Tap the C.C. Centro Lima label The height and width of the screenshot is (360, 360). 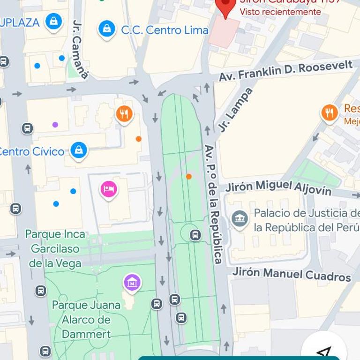coord(165,30)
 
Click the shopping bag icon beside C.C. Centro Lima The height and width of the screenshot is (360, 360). coord(106,29)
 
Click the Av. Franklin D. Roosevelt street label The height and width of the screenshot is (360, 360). coord(285,71)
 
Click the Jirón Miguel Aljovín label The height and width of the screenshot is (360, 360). coord(278,187)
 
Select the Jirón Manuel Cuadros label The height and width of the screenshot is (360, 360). coord(292,274)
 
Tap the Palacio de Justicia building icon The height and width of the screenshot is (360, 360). coord(240,218)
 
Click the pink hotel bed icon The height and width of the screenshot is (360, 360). coord(109,189)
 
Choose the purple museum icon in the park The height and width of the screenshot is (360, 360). coord(132,282)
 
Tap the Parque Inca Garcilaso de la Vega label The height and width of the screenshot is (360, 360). coord(55,248)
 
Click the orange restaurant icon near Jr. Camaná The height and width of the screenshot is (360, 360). coord(124,113)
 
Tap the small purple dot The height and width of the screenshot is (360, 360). coord(55,125)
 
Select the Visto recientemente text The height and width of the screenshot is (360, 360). coord(280,12)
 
